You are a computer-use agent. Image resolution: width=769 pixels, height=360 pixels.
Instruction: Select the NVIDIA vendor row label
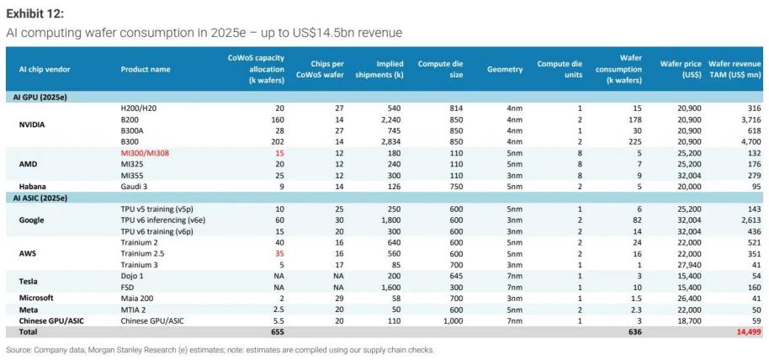pos(32,124)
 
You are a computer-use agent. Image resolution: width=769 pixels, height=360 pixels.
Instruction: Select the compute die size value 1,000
pos(453,321)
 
